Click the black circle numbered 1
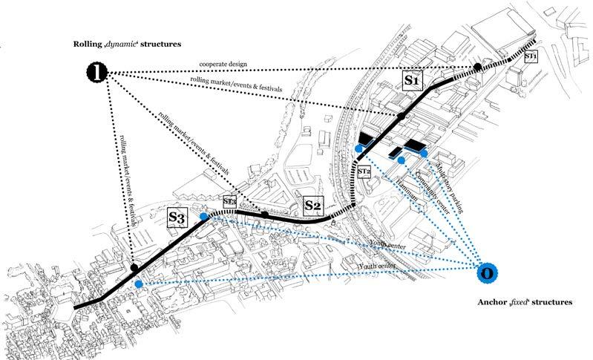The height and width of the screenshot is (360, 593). coord(98,72)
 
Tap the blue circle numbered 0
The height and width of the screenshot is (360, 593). coord(486,273)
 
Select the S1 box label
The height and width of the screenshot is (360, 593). coord(413,78)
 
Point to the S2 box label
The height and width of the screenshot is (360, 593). coord(314,202)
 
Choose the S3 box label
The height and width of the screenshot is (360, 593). coord(177,217)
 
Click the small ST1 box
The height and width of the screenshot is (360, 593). coord(531,56)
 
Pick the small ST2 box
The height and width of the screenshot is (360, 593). coord(364,171)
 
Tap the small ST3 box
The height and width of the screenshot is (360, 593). coord(229,201)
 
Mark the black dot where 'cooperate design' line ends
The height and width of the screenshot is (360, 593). coord(478,68)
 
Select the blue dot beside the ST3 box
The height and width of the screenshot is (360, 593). coord(204,216)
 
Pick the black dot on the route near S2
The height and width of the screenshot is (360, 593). coord(265,215)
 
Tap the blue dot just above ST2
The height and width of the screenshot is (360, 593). coord(359,149)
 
